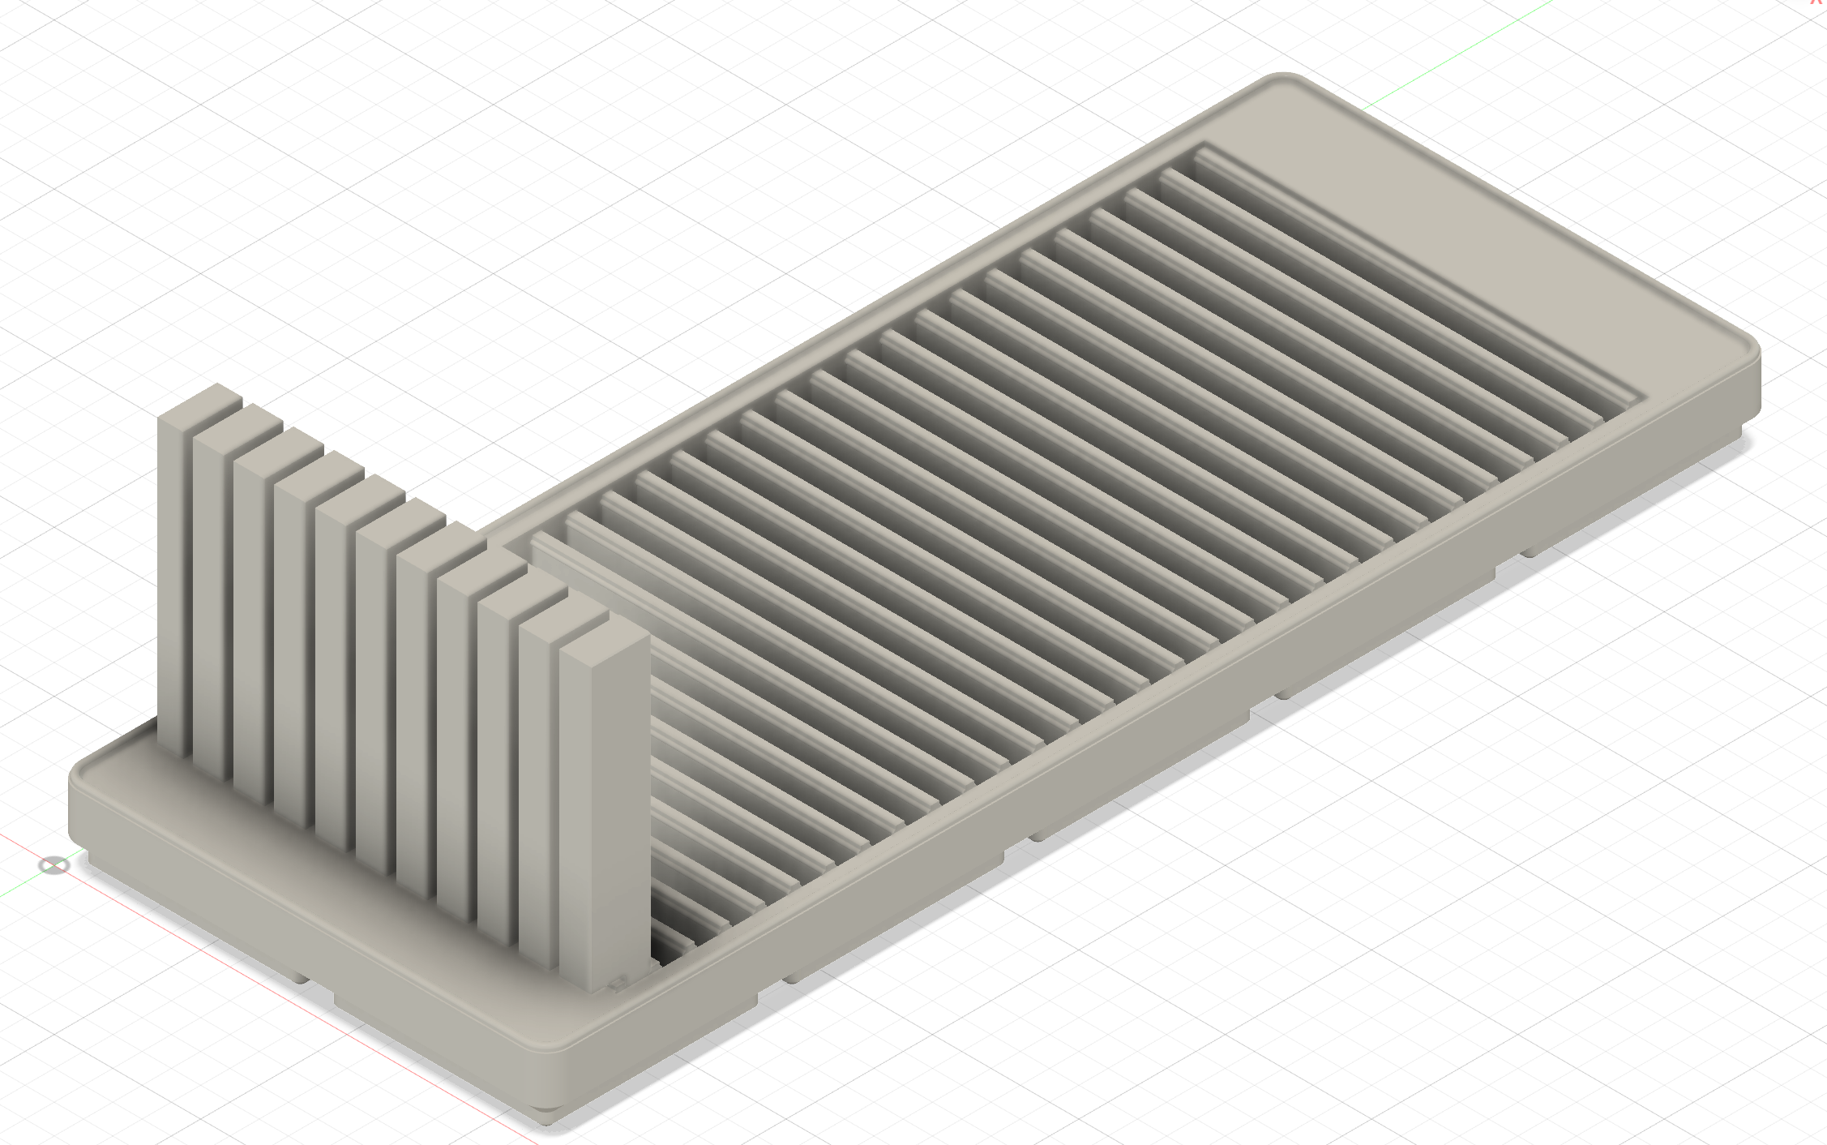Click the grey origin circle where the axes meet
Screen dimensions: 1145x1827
tap(53, 865)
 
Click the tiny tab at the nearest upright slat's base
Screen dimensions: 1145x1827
tap(619, 983)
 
